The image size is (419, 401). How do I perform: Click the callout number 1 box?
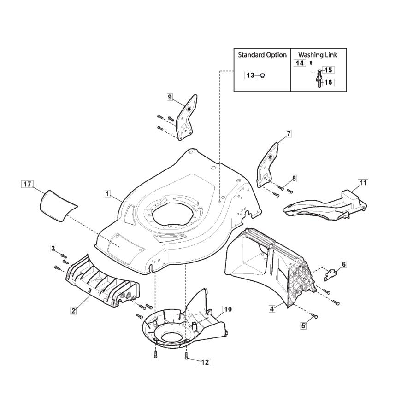click(107, 193)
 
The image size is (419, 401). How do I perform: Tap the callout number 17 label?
click(27, 184)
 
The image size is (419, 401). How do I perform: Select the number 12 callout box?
click(205, 362)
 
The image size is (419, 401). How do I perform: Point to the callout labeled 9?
click(170, 97)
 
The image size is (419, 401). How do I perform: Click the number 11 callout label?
click(363, 183)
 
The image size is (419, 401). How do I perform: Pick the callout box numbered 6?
click(343, 264)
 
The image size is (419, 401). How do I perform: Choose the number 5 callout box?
click(303, 325)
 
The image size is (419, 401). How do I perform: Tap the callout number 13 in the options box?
click(250, 76)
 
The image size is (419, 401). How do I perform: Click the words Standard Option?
click(262, 55)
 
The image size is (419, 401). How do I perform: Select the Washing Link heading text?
click(318, 55)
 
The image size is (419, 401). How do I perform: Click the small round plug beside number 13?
click(262, 76)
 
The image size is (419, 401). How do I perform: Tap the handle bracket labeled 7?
click(267, 165)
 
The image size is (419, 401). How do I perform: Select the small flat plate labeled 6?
click(331, 275)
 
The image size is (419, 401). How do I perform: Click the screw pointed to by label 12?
click(186, 355)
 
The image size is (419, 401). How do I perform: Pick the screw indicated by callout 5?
click(314, 316)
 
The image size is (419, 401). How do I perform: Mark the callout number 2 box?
click(73, 311)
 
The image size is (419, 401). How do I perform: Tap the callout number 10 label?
click(228, 309)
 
